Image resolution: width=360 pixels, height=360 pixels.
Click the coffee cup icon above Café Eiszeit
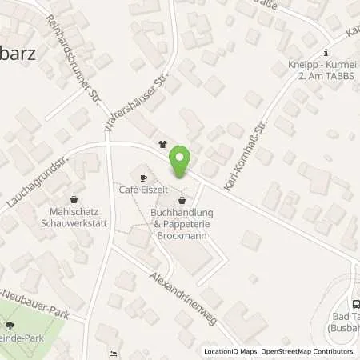(143, 178)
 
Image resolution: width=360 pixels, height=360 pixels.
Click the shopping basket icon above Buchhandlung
(182, 200)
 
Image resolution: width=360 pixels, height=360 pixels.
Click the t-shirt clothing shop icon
(163, 146)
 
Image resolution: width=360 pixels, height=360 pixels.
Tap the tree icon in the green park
(10, 325)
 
